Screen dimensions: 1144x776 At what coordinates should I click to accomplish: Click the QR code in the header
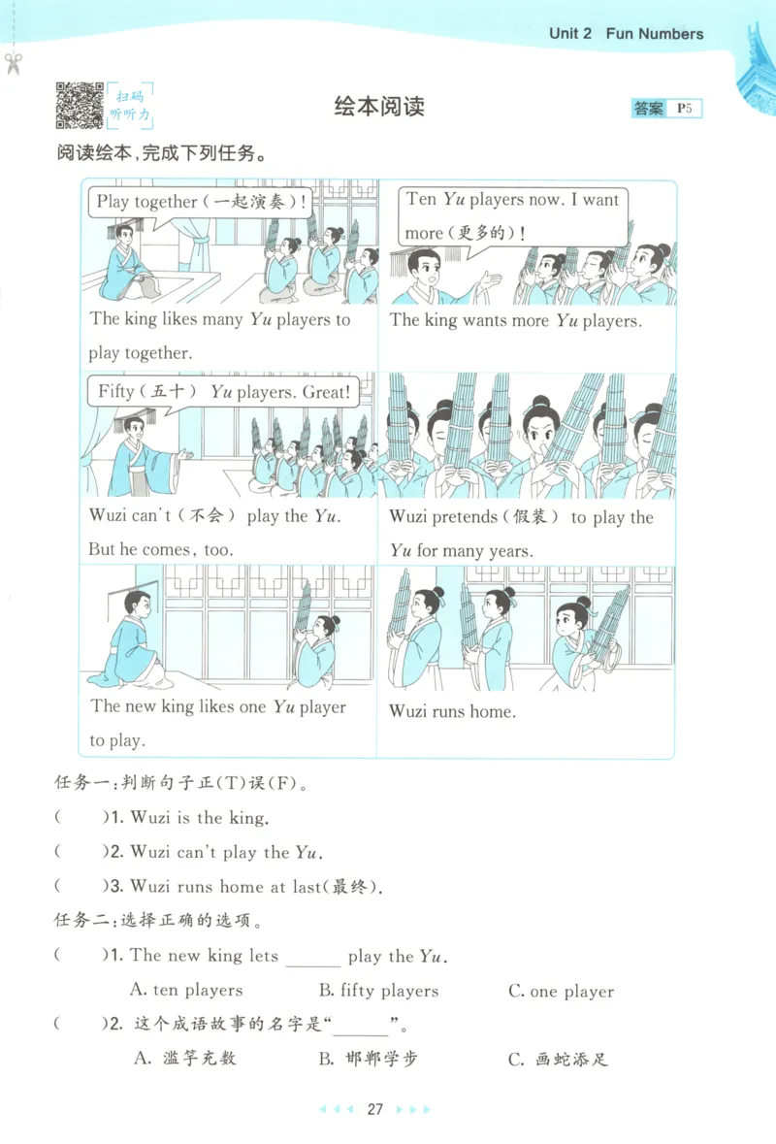coord(80,106)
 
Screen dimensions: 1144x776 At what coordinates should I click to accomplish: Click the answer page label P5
coord(685,109)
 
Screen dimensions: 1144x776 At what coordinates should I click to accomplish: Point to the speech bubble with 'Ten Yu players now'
coord(512,215)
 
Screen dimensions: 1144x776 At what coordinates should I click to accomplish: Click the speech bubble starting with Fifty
coord(222,393)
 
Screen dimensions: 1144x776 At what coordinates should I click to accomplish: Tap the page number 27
coord(376,1109)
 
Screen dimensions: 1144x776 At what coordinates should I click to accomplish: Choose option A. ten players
coord(186,991)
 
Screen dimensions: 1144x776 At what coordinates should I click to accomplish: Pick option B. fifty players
coord(378,991)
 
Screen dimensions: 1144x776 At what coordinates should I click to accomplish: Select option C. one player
coord(561,992)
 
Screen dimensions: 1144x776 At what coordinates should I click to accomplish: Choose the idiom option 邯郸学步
coord(369,1059)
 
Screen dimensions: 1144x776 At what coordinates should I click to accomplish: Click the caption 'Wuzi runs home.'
coord(453,711)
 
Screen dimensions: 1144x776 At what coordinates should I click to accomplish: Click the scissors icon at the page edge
coord(14,64)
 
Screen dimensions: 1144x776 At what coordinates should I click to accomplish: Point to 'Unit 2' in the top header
coord(569,34)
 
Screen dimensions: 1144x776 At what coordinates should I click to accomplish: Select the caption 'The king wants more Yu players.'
coord(515,320)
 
